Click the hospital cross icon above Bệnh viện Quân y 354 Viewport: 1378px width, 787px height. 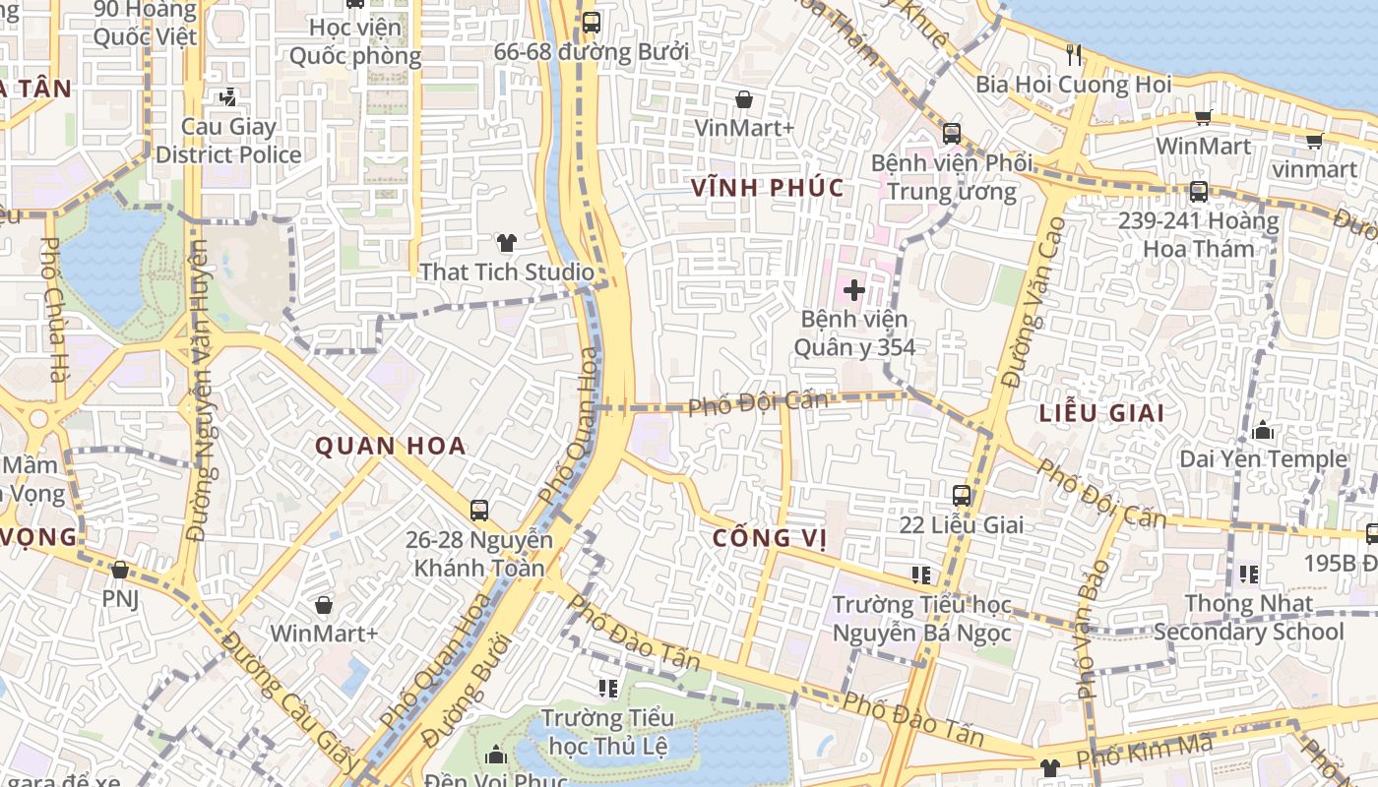click(x=853, y=290)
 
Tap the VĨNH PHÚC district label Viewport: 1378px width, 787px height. click(x=768, y=188)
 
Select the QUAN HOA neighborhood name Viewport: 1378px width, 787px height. click(x=390, y=446)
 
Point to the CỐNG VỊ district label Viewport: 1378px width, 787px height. click(x=769, y=538)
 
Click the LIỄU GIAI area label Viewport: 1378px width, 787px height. click(x=1101, y=413)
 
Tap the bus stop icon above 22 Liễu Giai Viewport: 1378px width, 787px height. click(x=962, y=496)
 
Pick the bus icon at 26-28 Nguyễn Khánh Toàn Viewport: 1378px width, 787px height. click(x=479, y=511)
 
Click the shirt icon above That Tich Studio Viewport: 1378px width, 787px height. click(x=507, y=243)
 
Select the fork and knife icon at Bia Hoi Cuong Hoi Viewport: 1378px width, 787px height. click(x=1074, y=55)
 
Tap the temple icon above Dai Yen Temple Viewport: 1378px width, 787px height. click(x=1263, y=431)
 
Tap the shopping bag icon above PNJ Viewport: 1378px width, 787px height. click(x=120, y=570)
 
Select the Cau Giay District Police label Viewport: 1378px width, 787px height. click(x=228, y=141)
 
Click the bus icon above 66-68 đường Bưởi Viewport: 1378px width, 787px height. click(x=591, y=23)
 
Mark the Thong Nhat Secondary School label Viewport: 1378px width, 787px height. click(x=1248, y=617)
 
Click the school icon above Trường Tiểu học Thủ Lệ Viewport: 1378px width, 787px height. click(x=607, y=688)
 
